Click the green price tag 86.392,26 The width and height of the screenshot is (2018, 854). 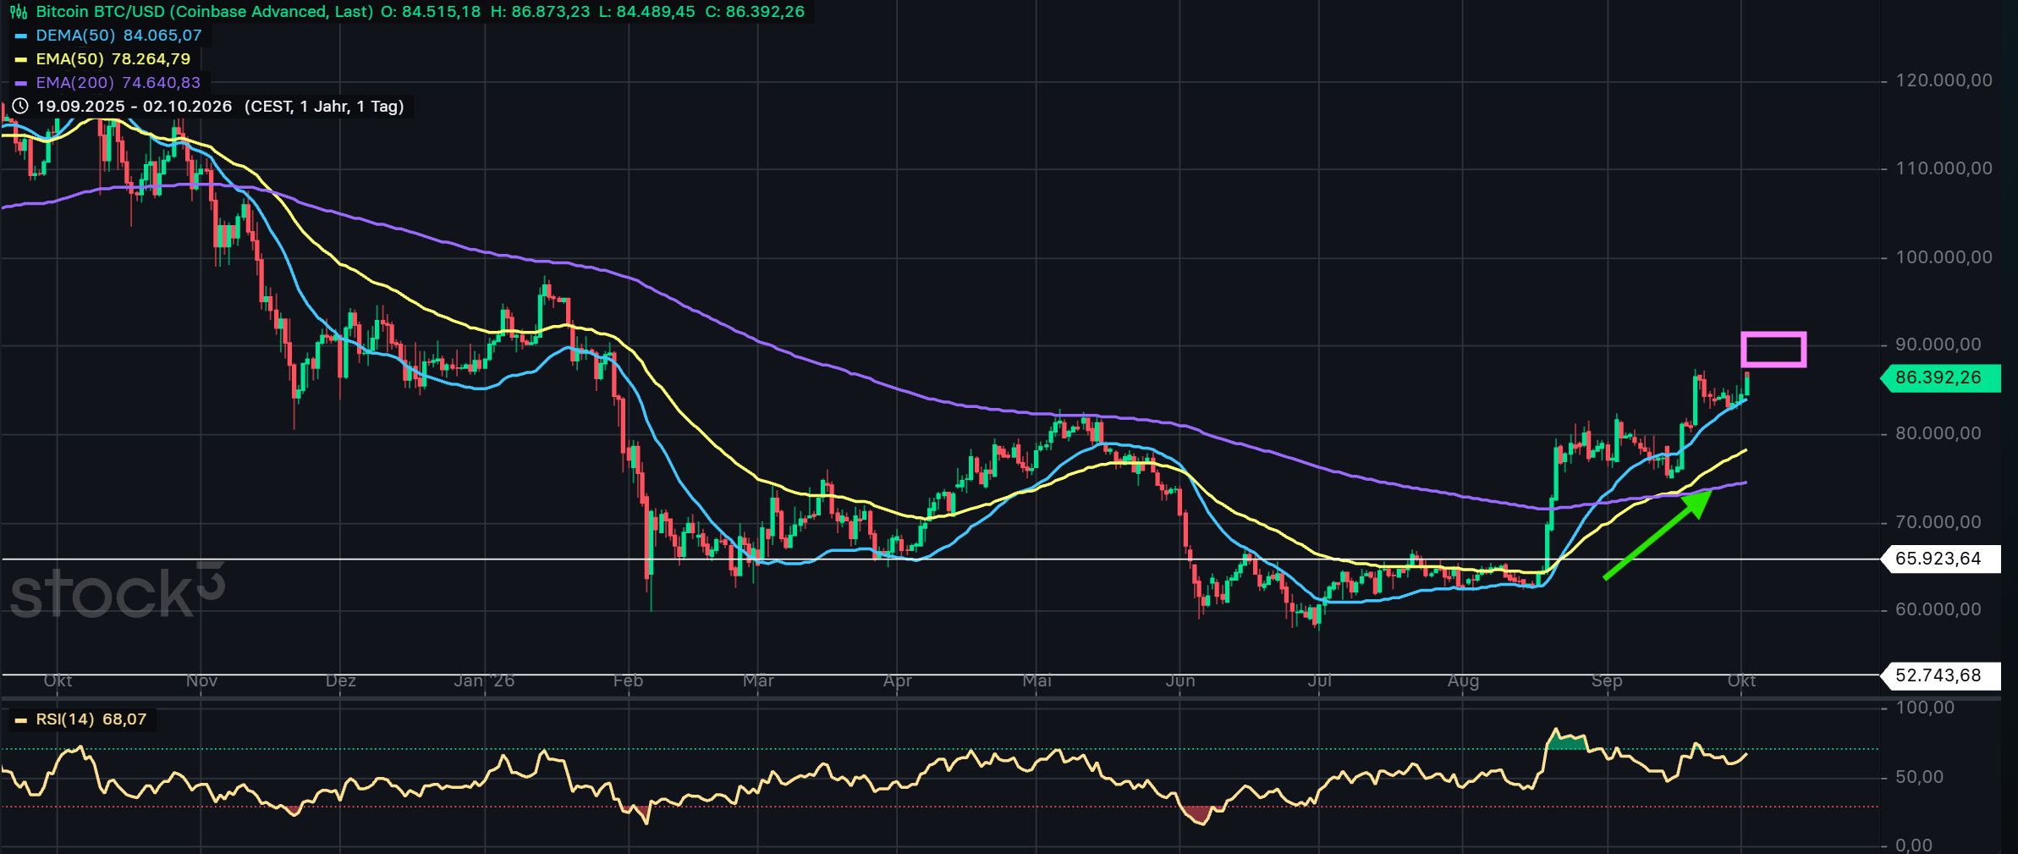coord(1940,378)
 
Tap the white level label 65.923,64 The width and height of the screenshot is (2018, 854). coord(1940,559)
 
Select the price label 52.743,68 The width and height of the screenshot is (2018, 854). coord(1940,675)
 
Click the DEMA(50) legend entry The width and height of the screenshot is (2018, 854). coord(108,36)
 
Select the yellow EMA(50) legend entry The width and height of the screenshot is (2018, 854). coord(103,59)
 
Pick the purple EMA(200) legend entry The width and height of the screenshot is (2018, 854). coord(108,83)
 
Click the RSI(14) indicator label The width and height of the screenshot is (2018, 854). coord(81,719)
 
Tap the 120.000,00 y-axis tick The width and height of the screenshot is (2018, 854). coord(1944,80)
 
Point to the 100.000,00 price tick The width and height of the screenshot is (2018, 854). coord(1944,257)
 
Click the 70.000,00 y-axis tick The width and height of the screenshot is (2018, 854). coord(1938,522)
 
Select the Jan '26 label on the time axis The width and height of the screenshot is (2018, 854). coord(484,681)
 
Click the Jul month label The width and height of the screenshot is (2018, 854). coord(1319,681)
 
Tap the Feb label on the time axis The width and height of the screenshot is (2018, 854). coord(628,681)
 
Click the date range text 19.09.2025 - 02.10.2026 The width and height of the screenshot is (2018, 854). coord(134,107)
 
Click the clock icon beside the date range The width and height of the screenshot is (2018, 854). coord(20,107)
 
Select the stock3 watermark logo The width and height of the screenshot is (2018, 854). coord(118,590)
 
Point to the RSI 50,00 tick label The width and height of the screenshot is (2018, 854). coord(1920,777)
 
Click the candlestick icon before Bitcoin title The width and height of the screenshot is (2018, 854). coord(18,12)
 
